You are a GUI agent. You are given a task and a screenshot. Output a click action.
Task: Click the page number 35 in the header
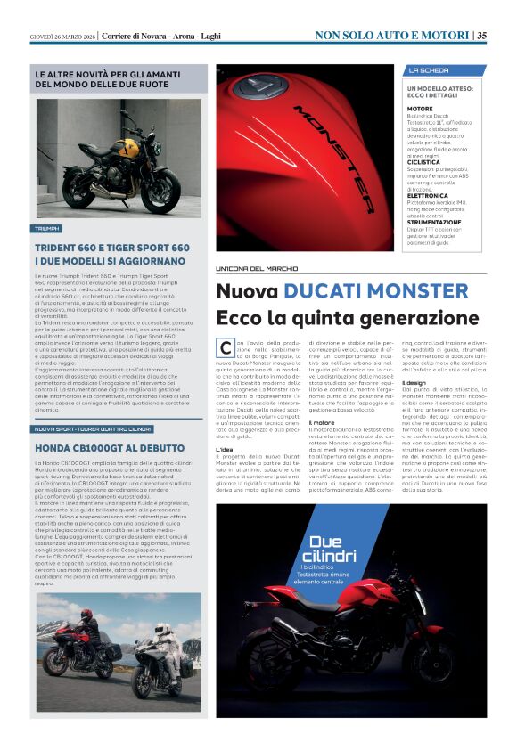(x=481, y=35)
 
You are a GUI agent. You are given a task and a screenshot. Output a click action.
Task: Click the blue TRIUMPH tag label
(x=46, y=229)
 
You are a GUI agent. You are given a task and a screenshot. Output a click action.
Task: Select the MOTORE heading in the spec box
(x=420, y=108)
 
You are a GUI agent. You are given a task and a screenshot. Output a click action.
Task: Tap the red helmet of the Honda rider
(x=85, y=615)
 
